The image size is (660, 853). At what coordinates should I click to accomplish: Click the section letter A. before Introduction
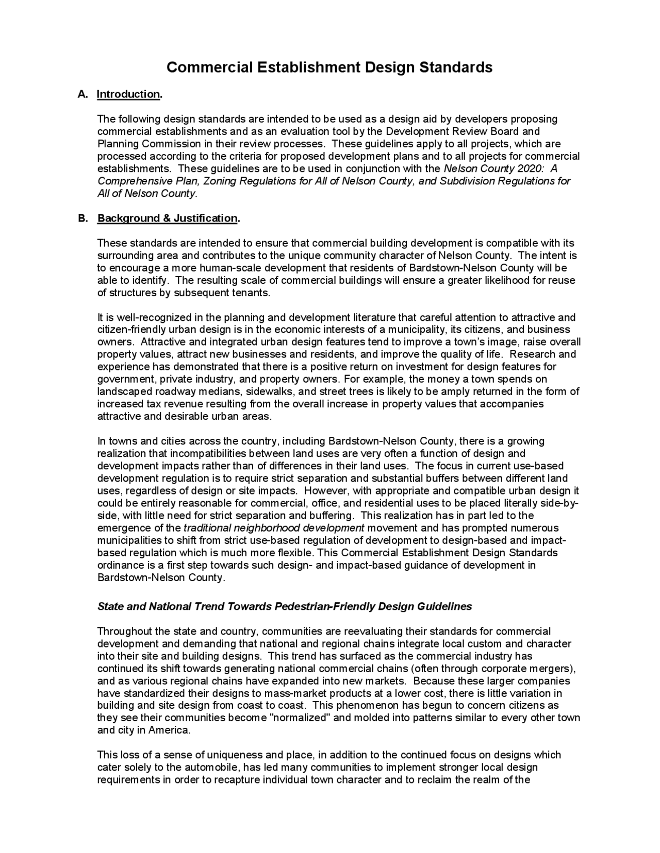pos(82,94)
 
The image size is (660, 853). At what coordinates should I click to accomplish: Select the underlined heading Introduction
pos(129,94)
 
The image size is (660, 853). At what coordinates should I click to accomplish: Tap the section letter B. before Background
pos(83,218)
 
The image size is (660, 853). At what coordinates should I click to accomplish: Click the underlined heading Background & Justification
pos(168,218)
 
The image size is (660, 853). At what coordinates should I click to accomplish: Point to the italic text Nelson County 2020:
pos(492,169)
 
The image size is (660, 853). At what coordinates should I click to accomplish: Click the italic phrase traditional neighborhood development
pos(274,528)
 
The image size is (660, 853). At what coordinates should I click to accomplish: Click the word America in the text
pos(169,730)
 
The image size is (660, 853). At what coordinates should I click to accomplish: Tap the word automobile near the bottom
pos(214,767)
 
